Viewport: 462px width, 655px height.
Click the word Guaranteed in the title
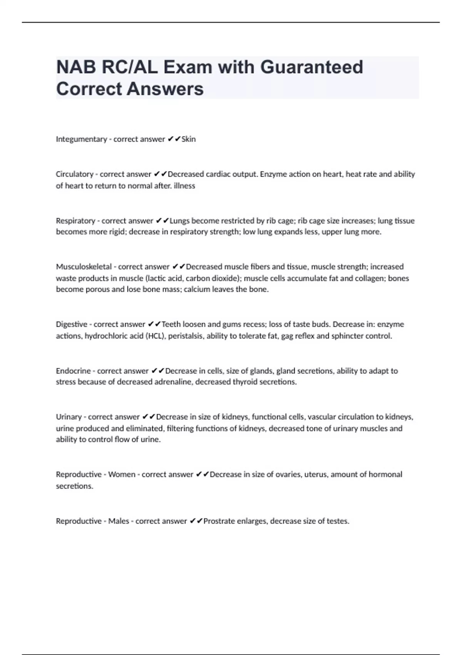coord(311,67)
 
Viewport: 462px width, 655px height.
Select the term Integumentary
coord(81,139)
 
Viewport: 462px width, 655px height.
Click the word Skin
coord(189,139)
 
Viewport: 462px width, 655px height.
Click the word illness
coord(184,186)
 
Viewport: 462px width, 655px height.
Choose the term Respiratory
coord(75,221)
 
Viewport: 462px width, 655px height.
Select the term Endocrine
coord(73,371)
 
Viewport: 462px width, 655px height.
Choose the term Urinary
coord(69,417)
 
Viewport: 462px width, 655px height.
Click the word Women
coord(122,474)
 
